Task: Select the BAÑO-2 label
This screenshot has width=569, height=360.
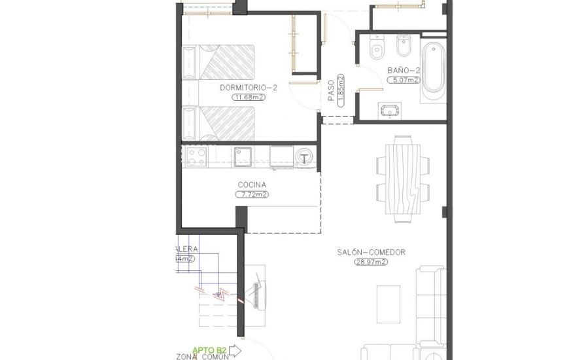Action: pos(394,70)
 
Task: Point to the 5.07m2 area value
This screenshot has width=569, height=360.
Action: pos(394,80)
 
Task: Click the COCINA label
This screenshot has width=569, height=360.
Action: pos(252,185)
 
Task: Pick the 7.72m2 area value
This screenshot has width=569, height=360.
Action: pos(252,194)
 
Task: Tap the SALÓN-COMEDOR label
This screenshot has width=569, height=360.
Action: pos(371,252)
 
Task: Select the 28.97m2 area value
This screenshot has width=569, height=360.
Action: pos(371,262)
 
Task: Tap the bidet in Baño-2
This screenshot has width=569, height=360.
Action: pos(402,49)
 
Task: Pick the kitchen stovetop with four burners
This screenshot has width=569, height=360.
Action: pos(197,156)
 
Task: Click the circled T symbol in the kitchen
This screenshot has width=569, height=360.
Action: pos(304,157)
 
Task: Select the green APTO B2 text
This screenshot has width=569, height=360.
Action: pos(210,349)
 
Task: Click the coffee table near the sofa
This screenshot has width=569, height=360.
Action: pos(388,304)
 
